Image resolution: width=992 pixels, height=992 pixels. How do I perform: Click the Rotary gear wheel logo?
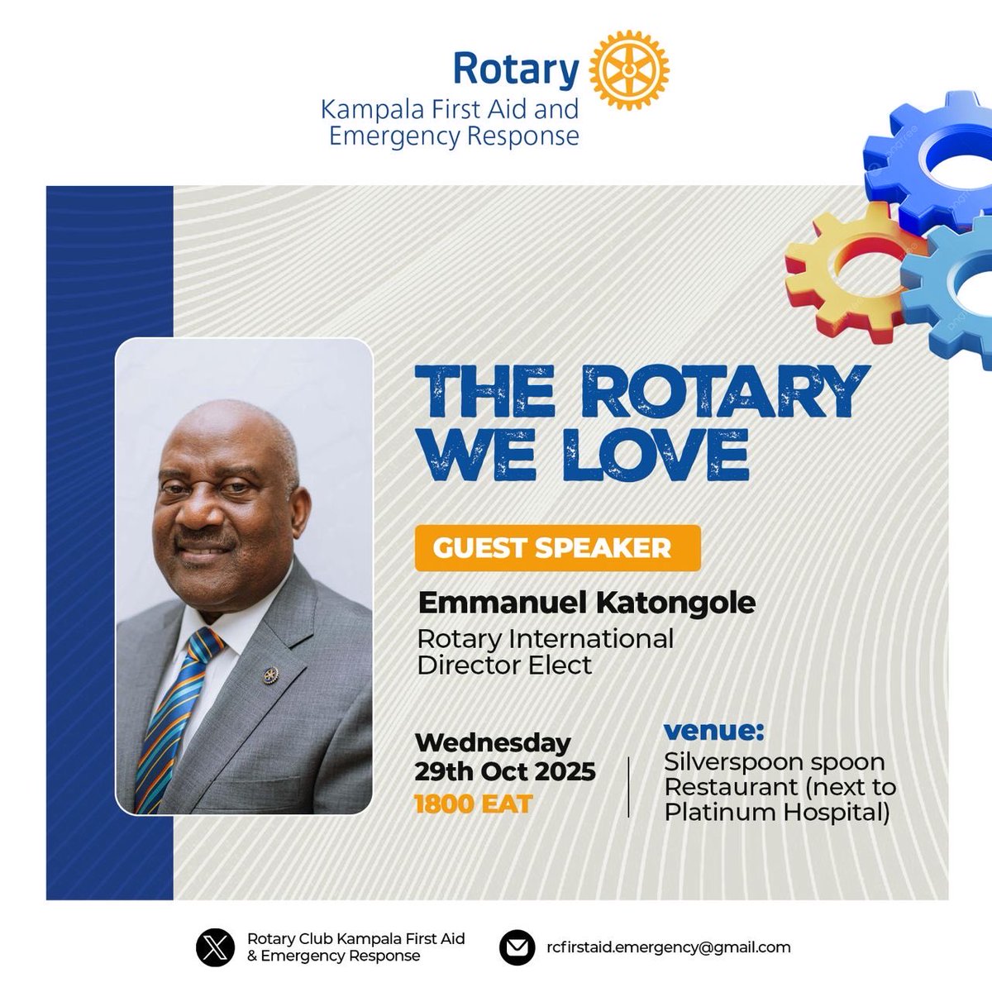tap(629, 71)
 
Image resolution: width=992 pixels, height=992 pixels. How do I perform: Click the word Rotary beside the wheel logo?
tap(515, 69)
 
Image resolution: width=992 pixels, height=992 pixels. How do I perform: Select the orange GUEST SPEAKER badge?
tap(557, 547)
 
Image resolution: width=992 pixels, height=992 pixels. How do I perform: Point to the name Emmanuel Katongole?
tap(586, 602)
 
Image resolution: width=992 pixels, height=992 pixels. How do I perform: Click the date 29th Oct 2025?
tap(504, 771)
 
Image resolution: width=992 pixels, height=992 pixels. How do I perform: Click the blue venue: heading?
tap(714, 732)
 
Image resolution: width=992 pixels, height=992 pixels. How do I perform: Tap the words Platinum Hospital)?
tap(776, 813)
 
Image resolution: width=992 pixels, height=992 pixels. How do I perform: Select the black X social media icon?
tap(215, 947)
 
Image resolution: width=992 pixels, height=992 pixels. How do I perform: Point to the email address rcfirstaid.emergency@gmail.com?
tap(668, 947)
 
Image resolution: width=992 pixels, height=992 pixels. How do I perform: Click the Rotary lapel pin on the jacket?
tap(269, 675)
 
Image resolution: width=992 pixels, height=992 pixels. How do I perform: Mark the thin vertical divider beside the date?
tap(629, 786)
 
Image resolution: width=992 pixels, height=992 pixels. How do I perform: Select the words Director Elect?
tap(504, 665)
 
